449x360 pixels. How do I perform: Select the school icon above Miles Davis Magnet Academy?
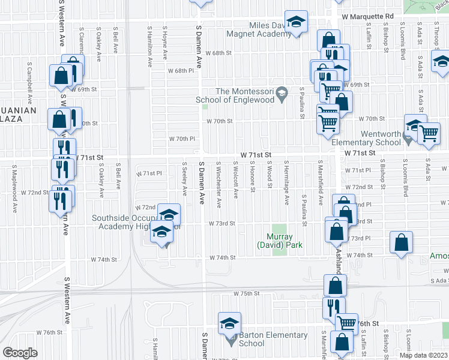click(x=295, y=23)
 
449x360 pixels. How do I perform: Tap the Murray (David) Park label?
click(x=280, y=241)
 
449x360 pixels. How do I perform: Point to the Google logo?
click(x=20, y=352)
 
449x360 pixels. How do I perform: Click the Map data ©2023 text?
click(x=423, y=355)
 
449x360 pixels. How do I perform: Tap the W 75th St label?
click(x=246, y=294)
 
